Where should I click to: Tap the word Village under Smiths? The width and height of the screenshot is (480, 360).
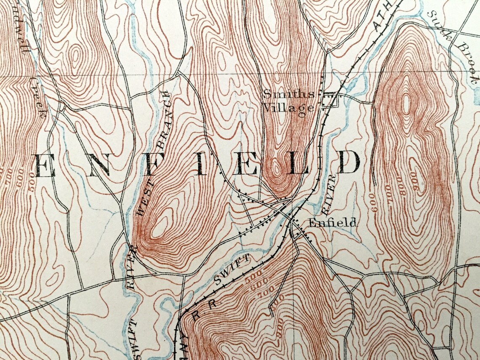(288, 108)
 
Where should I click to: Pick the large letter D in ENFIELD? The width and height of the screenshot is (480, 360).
(348, 163)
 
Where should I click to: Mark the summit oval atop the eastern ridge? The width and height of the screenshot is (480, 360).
(406, 104)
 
